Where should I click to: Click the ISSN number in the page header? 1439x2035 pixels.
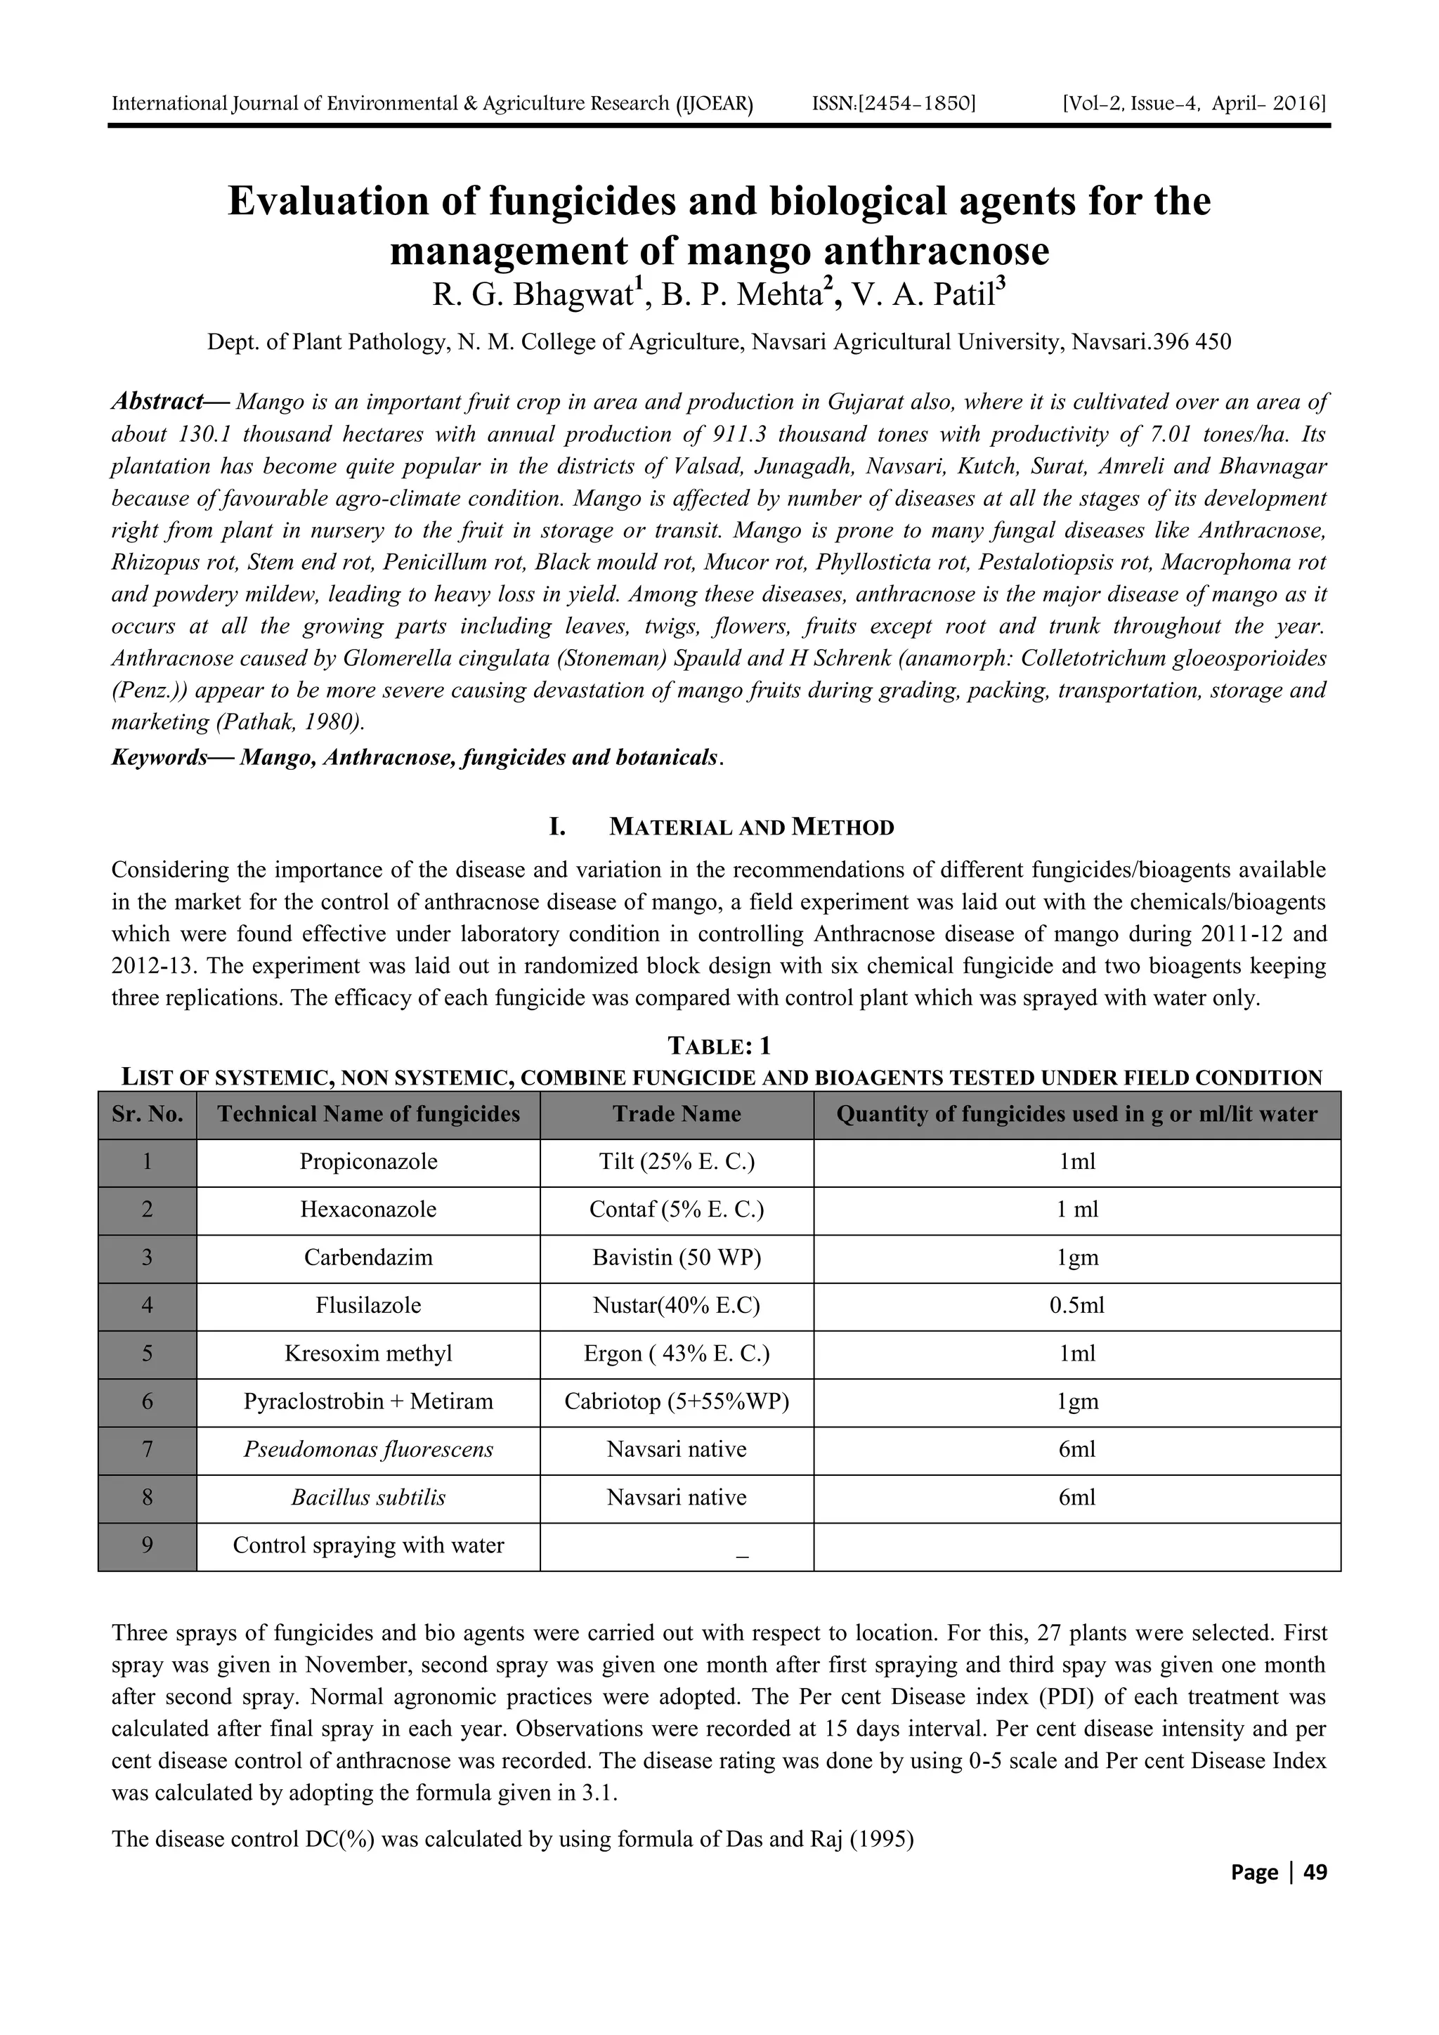[893, 105]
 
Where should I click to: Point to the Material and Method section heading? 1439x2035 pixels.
[751, 827]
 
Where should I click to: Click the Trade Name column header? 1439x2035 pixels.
[677, 1114]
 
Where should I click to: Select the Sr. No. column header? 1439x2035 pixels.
[147, 1114]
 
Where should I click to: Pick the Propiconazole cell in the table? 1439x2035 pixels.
[368, 1162]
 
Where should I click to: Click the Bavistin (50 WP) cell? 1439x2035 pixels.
[677, 1257]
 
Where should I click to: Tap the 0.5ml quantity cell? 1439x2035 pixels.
[1076, 1306]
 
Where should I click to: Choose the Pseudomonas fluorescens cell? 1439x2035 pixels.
[368, 1449]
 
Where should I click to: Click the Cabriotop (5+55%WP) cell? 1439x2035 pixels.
[677, 1401]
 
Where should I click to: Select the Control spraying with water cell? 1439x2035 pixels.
[368, 1545]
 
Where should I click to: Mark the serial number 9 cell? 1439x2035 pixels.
[147, 1545]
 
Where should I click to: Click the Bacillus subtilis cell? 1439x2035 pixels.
[368, 1497]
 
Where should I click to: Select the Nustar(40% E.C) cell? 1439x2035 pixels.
[677, 1306]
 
